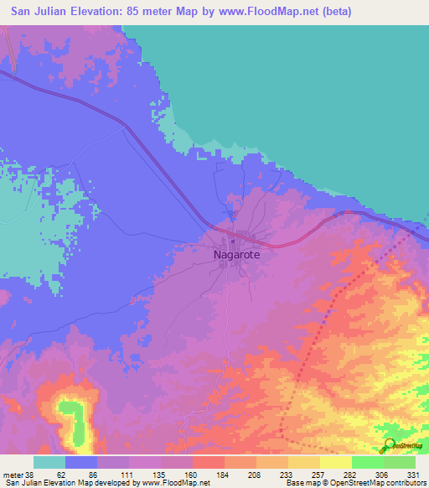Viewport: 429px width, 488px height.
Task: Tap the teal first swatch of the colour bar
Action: point(49,462)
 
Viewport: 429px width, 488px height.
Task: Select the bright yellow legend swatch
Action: point(335,462)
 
